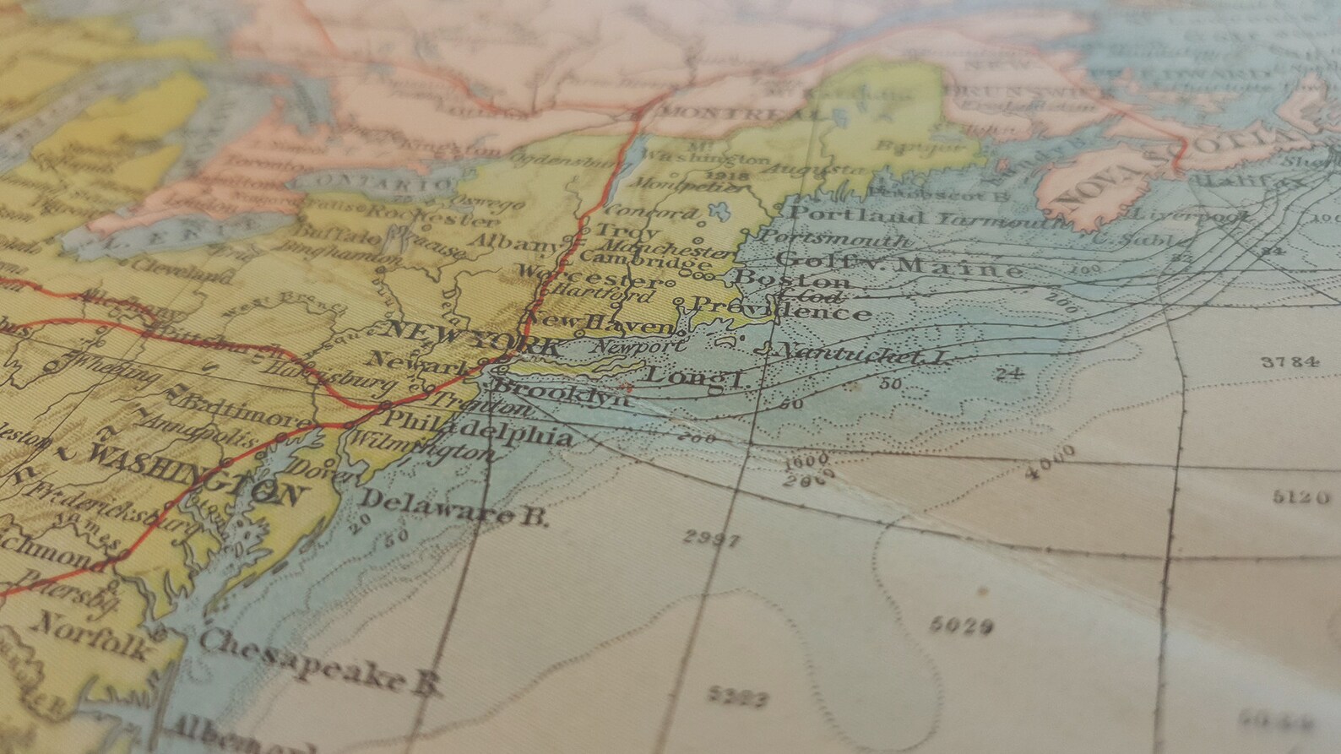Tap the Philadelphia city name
coord(478,429)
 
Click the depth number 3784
coord(1289,362)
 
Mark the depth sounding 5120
coord(1301,496)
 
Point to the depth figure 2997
coord(712,540)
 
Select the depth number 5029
coord(960,626)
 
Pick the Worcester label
coord(589,277)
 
